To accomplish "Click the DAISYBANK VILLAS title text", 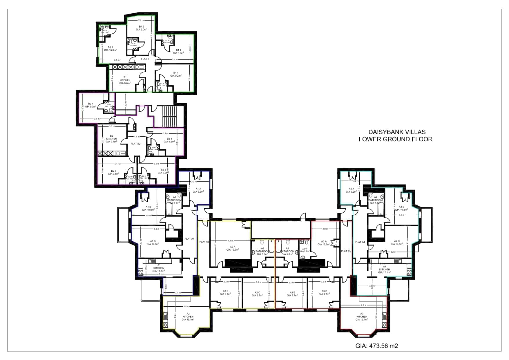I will point(397,132).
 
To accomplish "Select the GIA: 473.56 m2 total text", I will point(376,346).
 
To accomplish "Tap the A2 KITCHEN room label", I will point(188,316).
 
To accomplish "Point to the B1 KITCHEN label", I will point(125,80).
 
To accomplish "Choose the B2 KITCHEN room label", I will point(111,139).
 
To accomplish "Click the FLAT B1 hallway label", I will point(146,59).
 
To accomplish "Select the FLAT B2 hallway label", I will point(135,144).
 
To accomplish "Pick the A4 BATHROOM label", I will point(376,200).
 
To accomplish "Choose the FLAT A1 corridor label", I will point(189,239).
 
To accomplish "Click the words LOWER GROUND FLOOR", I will point(395,139).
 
